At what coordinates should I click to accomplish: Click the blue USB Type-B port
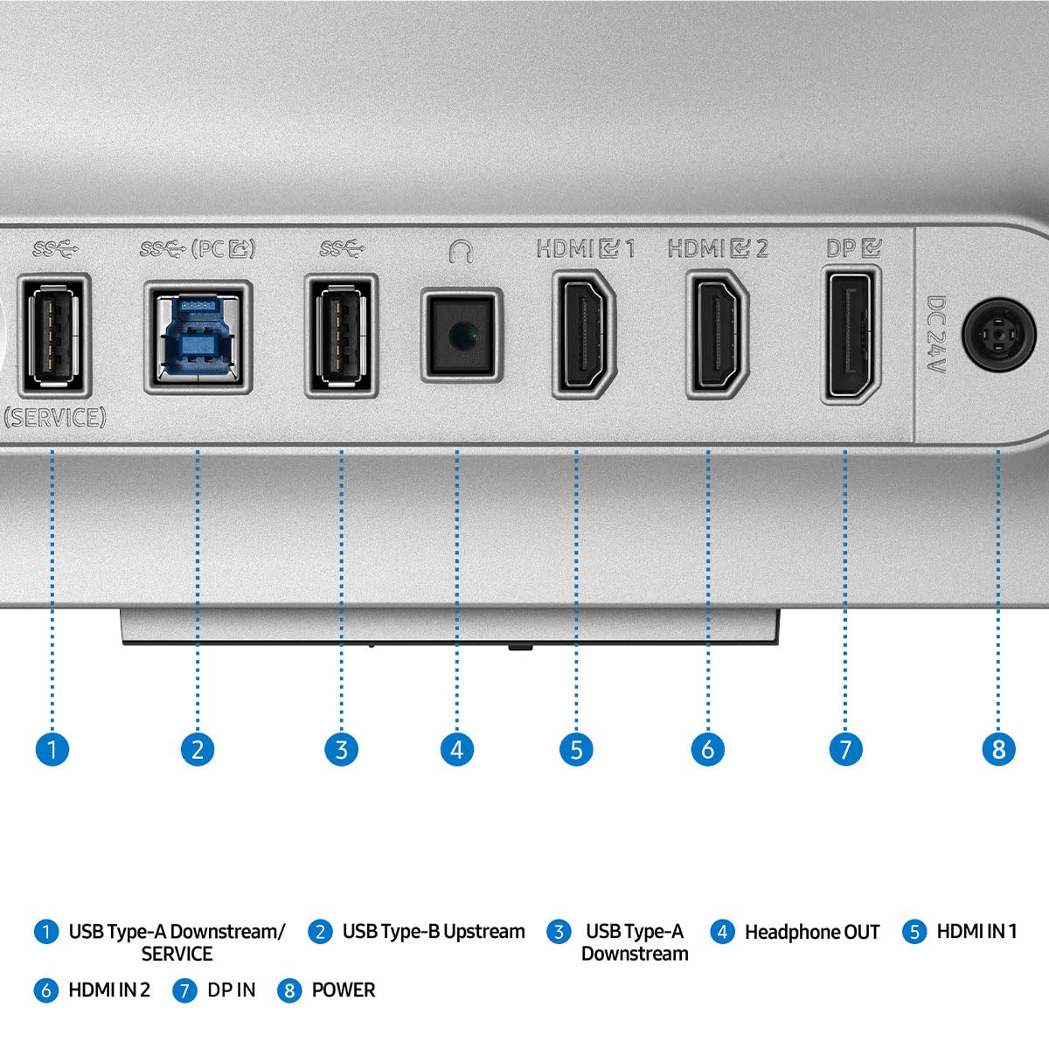(198, 337)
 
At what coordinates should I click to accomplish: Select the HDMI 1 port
(584, 334)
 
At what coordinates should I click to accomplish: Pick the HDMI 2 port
(717, 334)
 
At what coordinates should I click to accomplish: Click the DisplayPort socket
(851, 334)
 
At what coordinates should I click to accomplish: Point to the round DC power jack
(998, 334)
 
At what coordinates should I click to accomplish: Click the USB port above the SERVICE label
(54, 336)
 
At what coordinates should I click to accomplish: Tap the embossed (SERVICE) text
(54, 418)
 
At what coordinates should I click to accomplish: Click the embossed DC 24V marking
(936, 334)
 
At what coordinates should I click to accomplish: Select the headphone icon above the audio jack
(461, 252)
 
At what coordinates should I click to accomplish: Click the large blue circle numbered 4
(456, 749)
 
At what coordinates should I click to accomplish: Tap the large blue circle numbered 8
(998, 749)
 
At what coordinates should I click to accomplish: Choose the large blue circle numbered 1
(52, 749)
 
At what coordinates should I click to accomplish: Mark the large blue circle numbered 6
(708, 749)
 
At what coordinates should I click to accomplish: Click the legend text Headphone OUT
(811, 932)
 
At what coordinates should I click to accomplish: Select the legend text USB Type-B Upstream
(434, 931)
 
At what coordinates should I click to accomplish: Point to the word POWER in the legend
(343, 990)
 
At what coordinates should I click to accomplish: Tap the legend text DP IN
(232, 990)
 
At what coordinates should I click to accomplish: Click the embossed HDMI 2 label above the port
(718, 249)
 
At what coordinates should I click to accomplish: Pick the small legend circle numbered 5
(914, 931)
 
